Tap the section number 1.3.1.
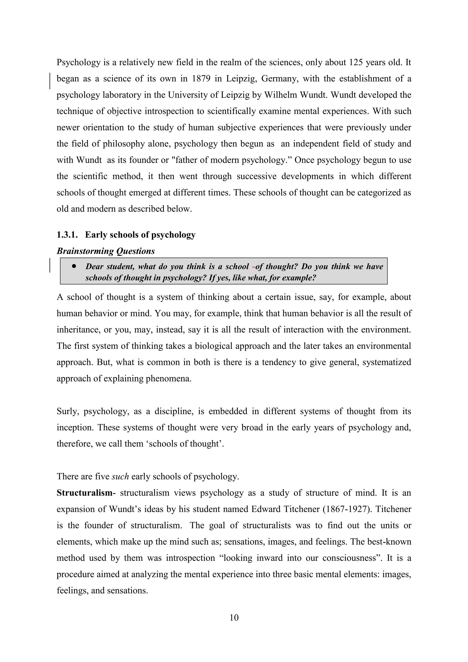(67, 235)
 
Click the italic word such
(120, 476)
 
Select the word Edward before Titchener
(264, 509)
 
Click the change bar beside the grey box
(50, 265)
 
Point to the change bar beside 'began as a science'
(50, 81)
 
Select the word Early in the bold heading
(96, 235)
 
